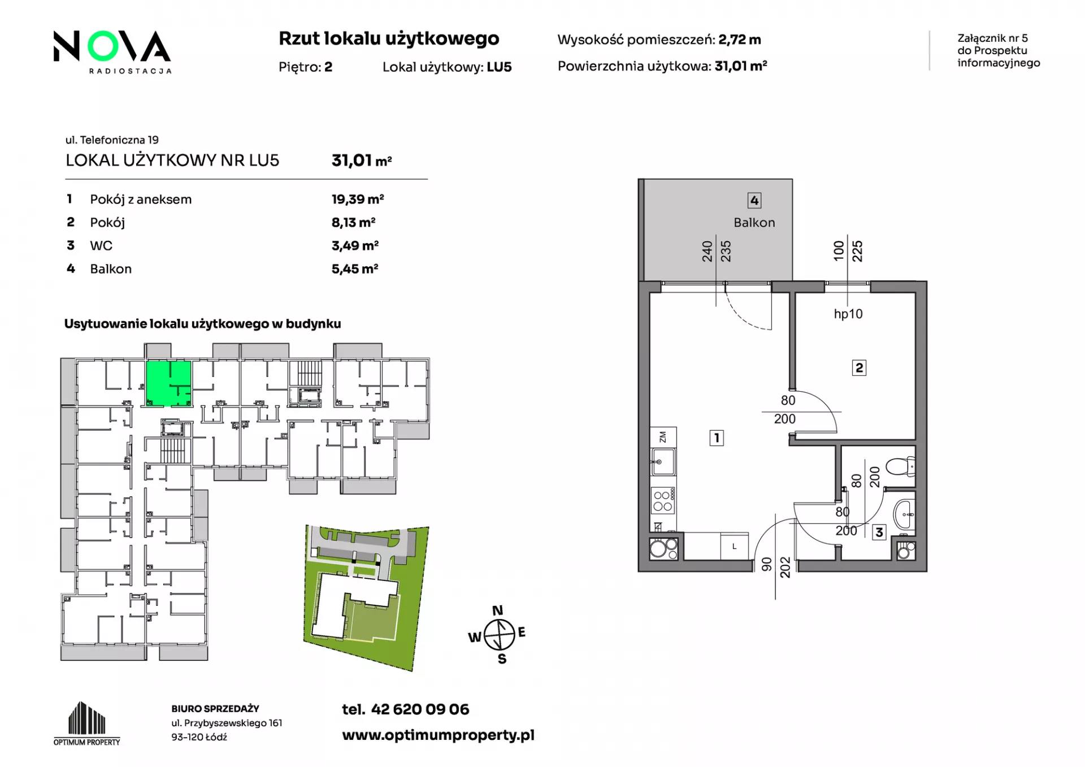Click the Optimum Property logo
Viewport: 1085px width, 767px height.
87,723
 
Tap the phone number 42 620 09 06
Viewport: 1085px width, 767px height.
420,709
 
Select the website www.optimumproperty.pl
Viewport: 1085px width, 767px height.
438,735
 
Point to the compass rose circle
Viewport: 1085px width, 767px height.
500,635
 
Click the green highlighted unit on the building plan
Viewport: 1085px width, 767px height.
168,384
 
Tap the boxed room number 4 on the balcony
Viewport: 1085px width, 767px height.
754,201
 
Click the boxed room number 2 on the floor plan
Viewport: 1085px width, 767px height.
859,368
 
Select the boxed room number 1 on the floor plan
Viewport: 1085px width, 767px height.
717,437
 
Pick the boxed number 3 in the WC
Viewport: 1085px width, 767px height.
879,532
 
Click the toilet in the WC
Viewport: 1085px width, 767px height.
900,467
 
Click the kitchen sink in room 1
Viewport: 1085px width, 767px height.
663,462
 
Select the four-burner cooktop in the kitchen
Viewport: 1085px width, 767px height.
663,501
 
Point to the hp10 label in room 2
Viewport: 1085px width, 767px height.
848,314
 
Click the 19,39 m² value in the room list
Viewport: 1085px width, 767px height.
358,200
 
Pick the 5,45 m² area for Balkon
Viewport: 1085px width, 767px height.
355,269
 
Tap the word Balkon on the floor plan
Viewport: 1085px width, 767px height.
754,223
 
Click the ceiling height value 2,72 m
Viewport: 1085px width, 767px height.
740,40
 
